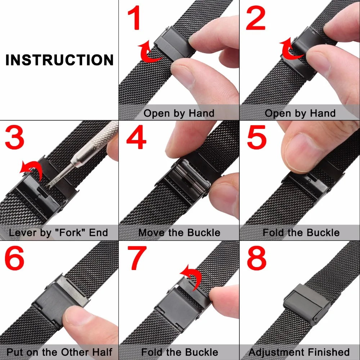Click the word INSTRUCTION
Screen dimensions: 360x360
(59, 60)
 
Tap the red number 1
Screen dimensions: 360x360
(134, 19)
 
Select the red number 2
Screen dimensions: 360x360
(256, 19)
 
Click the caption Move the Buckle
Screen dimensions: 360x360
(179, 233)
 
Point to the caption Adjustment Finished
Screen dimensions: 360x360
(299, 352)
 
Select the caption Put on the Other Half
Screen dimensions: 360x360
(59, 352)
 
